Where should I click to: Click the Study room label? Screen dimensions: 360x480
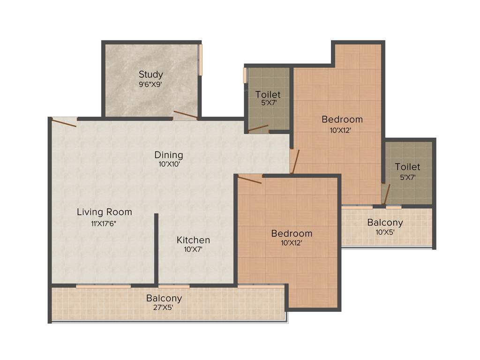tap(151, 75)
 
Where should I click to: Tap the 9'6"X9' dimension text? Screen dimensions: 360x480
tap(151, 85)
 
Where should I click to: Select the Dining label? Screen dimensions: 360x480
tap(169, 155)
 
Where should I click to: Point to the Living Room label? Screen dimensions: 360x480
tap(105, 212)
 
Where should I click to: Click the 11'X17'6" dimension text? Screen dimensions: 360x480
tap(104, 223)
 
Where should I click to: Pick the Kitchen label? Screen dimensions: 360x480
tap(193, 240)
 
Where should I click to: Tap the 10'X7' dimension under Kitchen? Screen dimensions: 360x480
tap(193, 250)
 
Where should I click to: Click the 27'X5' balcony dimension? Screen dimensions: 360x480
tap(164, 308)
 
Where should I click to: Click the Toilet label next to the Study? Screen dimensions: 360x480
tap(268, 95)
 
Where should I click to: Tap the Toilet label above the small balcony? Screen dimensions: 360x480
tap(407, 167)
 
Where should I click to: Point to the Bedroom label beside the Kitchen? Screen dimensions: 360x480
tap(292, 233)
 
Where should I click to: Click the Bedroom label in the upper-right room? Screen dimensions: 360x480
tap(342, 120)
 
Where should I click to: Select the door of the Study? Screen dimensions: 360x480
tap(185, 115)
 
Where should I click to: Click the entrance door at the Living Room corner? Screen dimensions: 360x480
tap(64, 122)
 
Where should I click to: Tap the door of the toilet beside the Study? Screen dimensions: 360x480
tap(258, 127)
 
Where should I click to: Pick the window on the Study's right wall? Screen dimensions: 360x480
tap(201, 59)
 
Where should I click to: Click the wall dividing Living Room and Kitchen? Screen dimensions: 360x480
tap(156, 248)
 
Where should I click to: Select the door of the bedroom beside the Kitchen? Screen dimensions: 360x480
tap(250, 179)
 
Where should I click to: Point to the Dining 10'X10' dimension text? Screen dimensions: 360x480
tap(169, 165)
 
